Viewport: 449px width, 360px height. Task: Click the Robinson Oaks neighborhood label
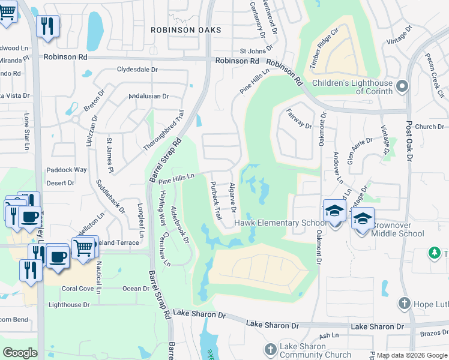point(186,30)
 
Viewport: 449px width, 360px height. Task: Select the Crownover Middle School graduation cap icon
point(363,219)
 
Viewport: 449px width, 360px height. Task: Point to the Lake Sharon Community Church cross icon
point(271,349)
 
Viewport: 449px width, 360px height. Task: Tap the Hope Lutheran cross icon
point(406,304)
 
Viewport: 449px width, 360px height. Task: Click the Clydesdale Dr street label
point(137,70)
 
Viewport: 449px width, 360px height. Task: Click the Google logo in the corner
point(20,353)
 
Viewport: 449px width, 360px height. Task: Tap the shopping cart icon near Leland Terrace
point(83,246)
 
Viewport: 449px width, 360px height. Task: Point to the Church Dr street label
point(429,127)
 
